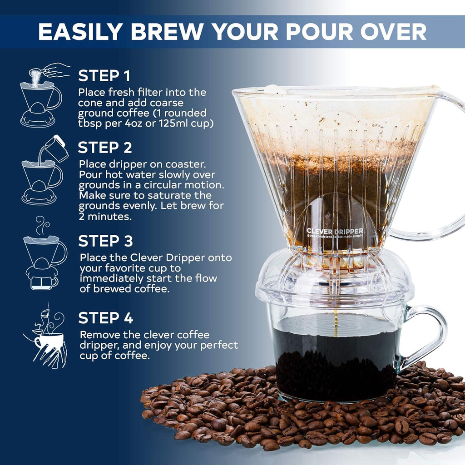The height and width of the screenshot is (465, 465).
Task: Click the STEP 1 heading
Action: pyautogui.click(x=104, y=75)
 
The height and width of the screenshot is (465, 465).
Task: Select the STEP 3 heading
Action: pyautogui.click(x=105, y=241)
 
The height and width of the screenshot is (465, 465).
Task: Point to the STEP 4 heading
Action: pyautogui.click(x=105, y=318)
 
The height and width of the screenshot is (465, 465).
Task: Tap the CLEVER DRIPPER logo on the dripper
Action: pyautogui.click(x=334, y=231)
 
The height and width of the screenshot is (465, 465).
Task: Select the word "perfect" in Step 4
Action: pyautogui.click(x=220, y=345)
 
